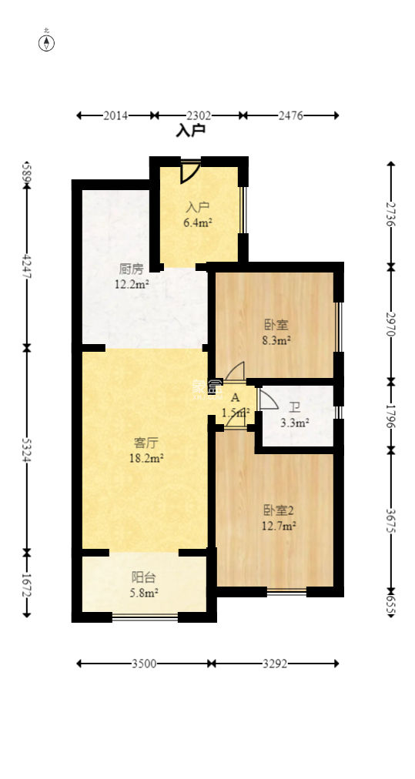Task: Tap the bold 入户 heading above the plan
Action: [191, 131]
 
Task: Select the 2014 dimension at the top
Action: [115, 115]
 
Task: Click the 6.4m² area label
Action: [198, 223]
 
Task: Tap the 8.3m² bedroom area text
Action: [277, 339]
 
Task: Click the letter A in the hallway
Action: [236, 397]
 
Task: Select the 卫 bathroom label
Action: [294, 408]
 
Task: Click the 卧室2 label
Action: [279, 510]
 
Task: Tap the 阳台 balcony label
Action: [144, 577]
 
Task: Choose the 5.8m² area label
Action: [144, 593]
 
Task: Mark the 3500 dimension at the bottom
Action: [144, 663]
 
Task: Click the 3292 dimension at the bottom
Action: [274, 663]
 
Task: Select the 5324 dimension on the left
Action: [27, 450]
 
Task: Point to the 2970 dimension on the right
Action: [391, 324]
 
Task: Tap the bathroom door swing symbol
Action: [267, 400]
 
